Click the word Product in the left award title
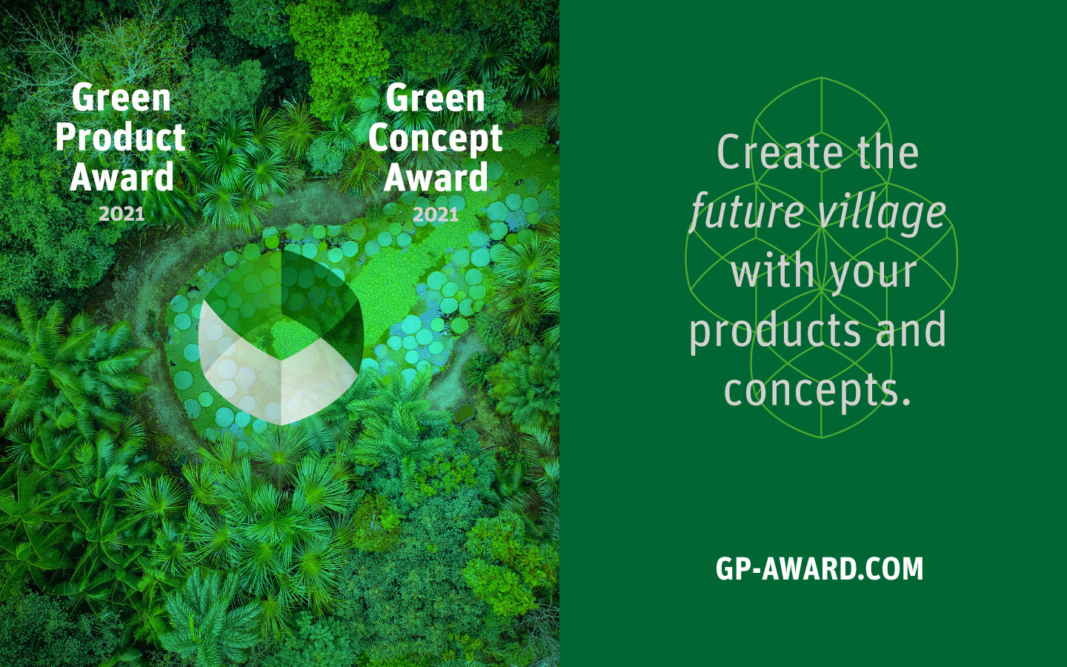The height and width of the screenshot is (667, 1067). (121, 136)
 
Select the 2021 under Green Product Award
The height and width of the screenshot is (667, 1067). (122, 214)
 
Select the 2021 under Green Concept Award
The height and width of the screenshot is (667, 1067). (436, 214)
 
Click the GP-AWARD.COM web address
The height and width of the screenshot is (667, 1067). (820, 568)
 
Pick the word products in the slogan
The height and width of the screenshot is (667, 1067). (775, 331)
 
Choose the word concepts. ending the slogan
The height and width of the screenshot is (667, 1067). (817, 390)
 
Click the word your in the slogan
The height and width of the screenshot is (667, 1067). (874, 273)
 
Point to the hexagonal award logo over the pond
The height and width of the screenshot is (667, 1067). (281, 337)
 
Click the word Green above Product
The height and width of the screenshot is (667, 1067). (121, 97)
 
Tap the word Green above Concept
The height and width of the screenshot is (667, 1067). (435, 98)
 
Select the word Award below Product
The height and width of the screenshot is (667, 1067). (122, 176)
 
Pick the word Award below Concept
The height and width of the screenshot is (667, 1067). (436, 176)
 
